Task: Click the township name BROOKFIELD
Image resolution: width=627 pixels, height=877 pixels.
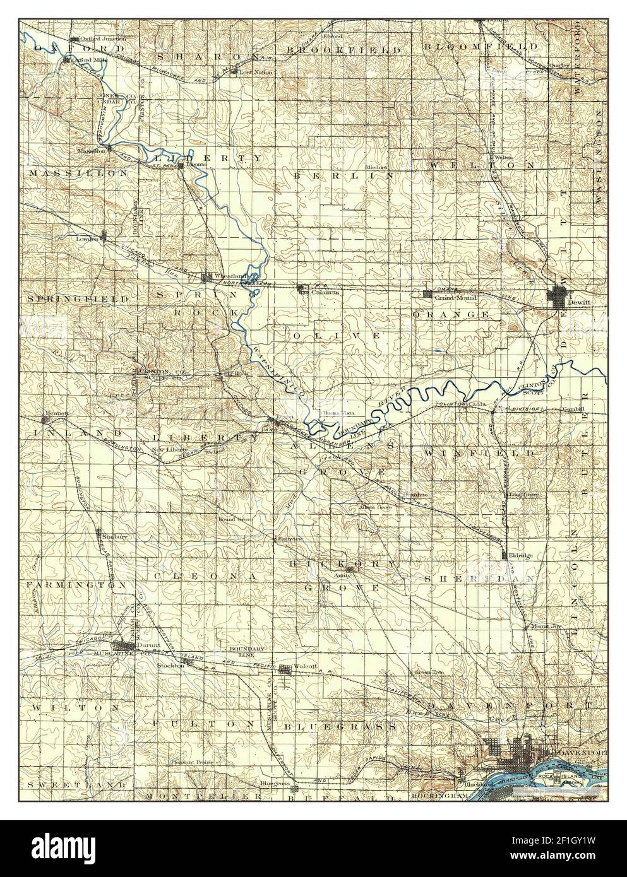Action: coord(342,49)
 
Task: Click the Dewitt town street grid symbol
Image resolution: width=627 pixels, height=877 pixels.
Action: coord(559,297)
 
